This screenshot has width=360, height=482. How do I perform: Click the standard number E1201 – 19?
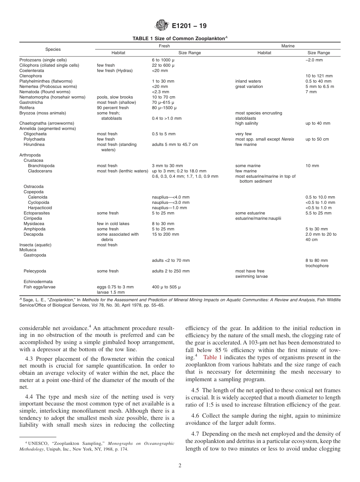tap(189, 26)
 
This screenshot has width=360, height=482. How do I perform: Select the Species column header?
tap(53, 50)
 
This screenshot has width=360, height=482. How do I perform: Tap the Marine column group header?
tap(288, 46)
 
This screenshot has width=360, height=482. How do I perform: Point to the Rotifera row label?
tap(27, 108)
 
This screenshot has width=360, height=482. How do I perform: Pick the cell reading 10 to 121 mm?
tap(319, 76)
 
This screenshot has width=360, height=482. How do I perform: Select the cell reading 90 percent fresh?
tap(113, 108)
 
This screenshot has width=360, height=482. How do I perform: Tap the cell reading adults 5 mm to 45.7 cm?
tap(175, 145)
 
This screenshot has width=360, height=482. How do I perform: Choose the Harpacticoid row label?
tap(40, 208)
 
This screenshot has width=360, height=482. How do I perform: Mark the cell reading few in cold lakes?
tap(113, 224)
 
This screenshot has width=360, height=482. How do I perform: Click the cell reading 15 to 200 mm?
tap(165, 234)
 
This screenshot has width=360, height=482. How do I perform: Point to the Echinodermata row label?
tap(38, 282)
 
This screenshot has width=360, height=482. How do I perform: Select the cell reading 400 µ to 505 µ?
tap(166, 287)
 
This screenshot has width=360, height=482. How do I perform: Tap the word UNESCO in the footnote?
tap(36, 443)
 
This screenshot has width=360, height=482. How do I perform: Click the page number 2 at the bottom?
tap(180, 466)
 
